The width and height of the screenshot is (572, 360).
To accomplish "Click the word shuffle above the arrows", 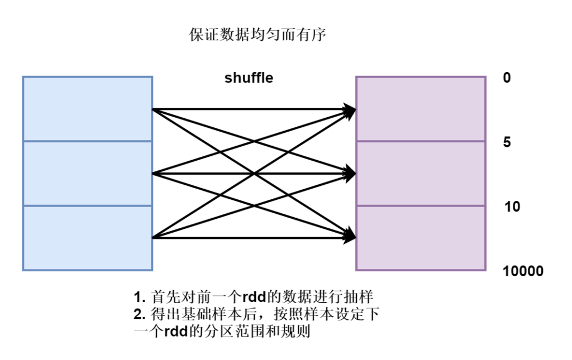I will point(249,78).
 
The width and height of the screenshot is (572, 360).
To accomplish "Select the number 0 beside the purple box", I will point(507,78).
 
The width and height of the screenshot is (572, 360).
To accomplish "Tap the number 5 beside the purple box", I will point(507,142).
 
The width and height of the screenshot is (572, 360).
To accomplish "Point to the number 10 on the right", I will point(512,207).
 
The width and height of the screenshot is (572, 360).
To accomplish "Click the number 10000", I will point(523,271).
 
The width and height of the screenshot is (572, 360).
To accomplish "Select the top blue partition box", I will point(87,109).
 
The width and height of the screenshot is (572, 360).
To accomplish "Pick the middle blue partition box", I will point(87,174).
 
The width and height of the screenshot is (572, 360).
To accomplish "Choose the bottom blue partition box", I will point(87,238).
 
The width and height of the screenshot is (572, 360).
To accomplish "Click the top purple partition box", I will point(421,109).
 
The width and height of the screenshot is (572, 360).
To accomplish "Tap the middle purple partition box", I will point(421,174).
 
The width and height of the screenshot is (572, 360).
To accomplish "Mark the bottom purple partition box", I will point(421,238).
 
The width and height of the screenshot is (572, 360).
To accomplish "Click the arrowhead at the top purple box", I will point(350,111).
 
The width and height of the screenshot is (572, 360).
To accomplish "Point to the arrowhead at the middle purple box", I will point(350,174).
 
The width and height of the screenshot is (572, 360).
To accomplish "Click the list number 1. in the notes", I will point(139,296).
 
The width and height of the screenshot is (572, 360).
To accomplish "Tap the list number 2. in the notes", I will point(139,314).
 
